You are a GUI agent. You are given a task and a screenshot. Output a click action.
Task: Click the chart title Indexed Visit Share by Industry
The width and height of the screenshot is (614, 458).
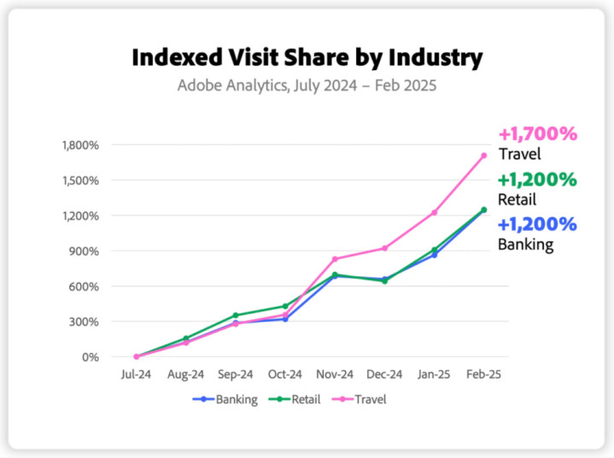(x=307, y=58)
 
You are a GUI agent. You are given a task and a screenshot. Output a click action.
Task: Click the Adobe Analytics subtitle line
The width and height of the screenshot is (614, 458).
(x=307, y=85)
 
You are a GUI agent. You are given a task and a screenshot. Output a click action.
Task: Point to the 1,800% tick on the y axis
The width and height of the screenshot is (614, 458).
(x=81, y=145)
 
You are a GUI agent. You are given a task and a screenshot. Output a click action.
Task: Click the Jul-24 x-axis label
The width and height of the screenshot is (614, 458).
(x=136, y=374)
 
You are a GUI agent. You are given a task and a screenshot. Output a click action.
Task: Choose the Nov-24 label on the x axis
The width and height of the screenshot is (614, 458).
(x=335, y=374)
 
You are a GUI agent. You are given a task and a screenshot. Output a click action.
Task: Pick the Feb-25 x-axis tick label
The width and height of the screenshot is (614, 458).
(x=484, y=374)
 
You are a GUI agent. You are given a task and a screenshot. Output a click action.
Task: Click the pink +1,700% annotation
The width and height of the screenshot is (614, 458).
(x=538, y=134)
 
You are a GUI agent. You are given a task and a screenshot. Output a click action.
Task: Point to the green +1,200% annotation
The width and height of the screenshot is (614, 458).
(x=538, y=180)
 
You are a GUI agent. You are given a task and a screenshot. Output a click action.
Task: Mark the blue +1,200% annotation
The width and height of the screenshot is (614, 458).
(x=537, y=225)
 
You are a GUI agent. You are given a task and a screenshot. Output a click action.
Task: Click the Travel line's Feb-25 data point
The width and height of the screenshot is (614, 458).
(x=484, y=156)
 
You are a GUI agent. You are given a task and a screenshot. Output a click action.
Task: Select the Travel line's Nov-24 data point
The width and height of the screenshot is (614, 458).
(x=335, y=259)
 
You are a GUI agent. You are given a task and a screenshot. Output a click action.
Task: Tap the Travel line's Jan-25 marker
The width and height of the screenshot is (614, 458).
(x=435, y=212)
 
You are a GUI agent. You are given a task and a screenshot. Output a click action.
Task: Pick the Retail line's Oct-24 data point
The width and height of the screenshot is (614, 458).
(x=285, y=306)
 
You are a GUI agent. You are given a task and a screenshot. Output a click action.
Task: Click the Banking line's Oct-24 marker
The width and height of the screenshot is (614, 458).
(x=285, y=319)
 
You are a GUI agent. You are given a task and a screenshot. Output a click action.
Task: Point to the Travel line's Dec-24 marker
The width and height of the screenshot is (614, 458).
(x=384, y=249)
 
